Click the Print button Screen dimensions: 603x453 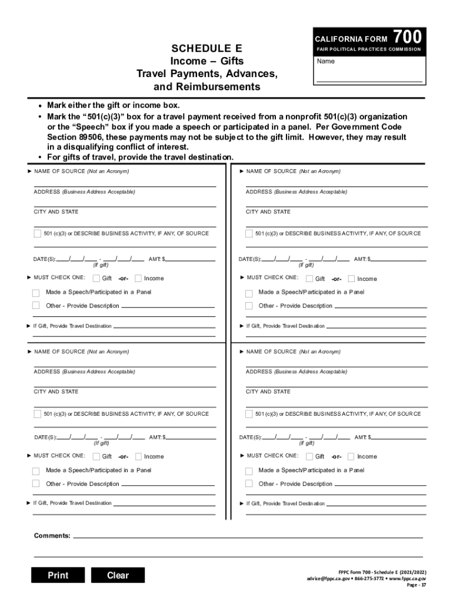[58, 575]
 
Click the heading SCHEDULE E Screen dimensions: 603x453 [206, 48]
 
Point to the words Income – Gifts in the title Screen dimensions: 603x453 [206, 61]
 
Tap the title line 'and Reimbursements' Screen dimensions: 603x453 [206, 87]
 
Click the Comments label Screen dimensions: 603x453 [52, 536]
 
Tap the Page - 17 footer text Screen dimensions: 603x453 [417, 586]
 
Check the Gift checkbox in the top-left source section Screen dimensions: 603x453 [96, 279]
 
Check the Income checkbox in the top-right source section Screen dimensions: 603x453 [351, 279]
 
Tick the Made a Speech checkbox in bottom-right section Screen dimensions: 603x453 [249, 471]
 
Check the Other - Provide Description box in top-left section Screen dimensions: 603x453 [36, 306]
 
